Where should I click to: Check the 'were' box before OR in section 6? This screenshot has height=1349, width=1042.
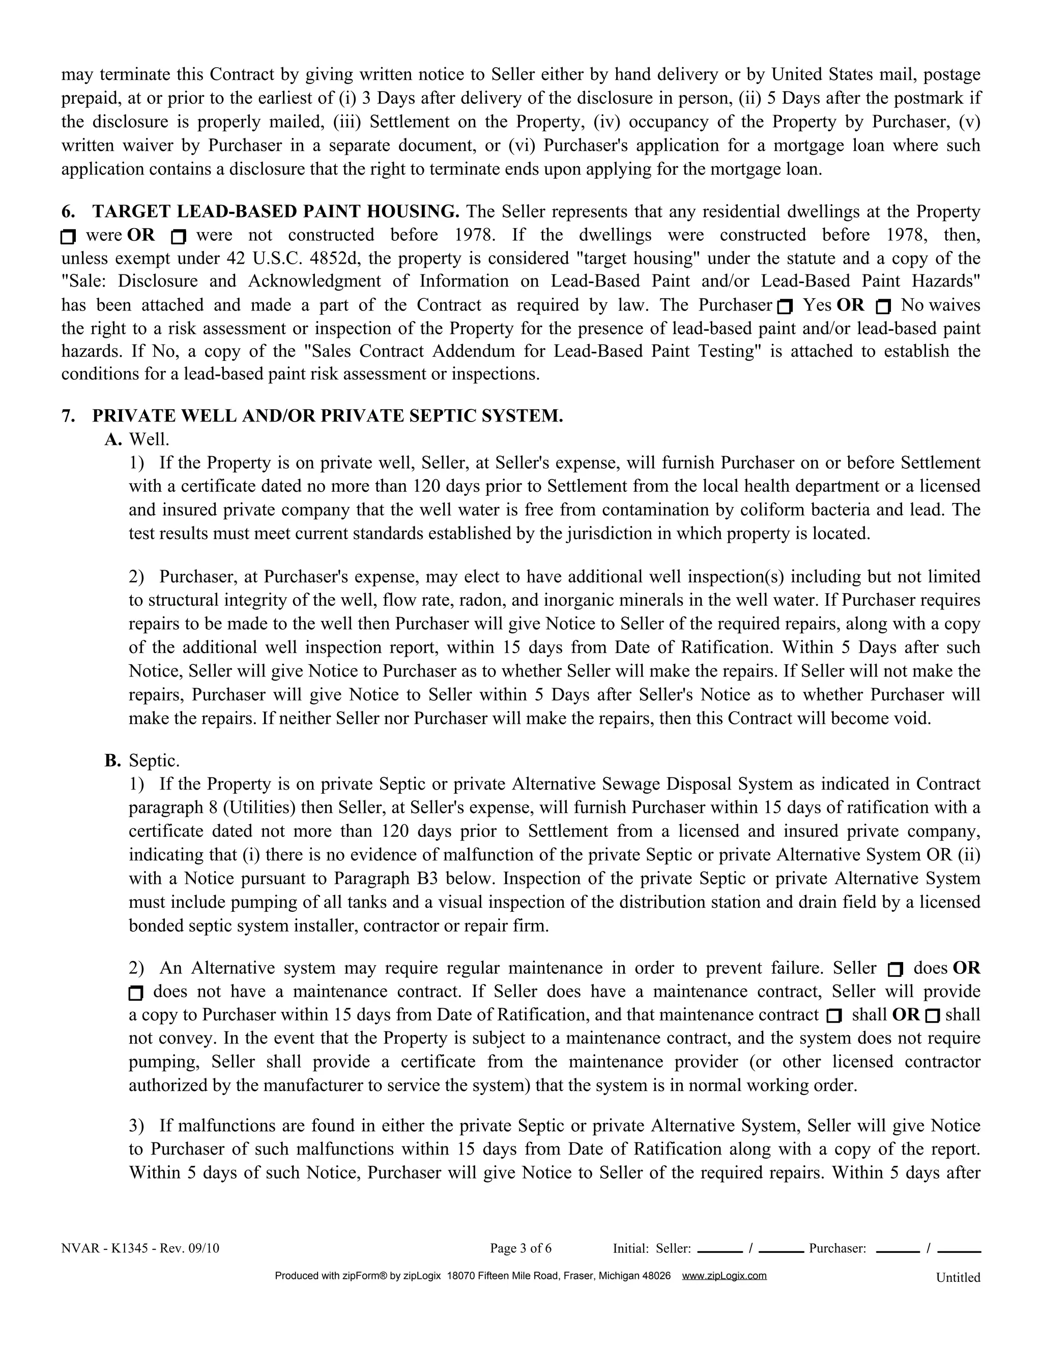68,237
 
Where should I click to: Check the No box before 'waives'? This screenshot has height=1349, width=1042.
883,306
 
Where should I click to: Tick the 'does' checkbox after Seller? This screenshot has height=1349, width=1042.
895,970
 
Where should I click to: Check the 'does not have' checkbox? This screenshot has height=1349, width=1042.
136,993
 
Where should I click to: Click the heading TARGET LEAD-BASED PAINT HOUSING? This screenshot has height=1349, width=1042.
275,212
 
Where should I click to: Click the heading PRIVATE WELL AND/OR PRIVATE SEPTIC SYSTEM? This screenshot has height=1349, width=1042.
327,416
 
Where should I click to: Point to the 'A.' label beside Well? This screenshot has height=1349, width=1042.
113,439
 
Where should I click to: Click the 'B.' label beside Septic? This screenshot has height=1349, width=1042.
113,761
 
